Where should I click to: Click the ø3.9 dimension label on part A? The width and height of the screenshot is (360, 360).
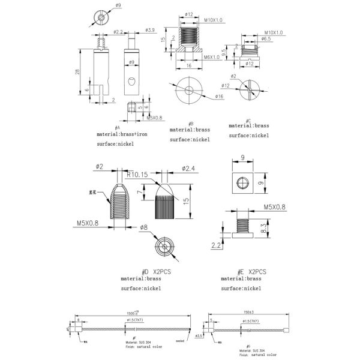[150, 29]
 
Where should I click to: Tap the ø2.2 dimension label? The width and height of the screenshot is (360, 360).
[118, 31]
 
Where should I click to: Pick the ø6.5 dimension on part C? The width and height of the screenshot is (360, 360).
[267, 38]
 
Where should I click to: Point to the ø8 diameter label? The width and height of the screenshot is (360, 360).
[143, 227]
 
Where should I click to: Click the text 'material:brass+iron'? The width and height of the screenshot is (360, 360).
[122, 134]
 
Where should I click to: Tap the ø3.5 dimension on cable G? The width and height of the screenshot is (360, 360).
[199, 335]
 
